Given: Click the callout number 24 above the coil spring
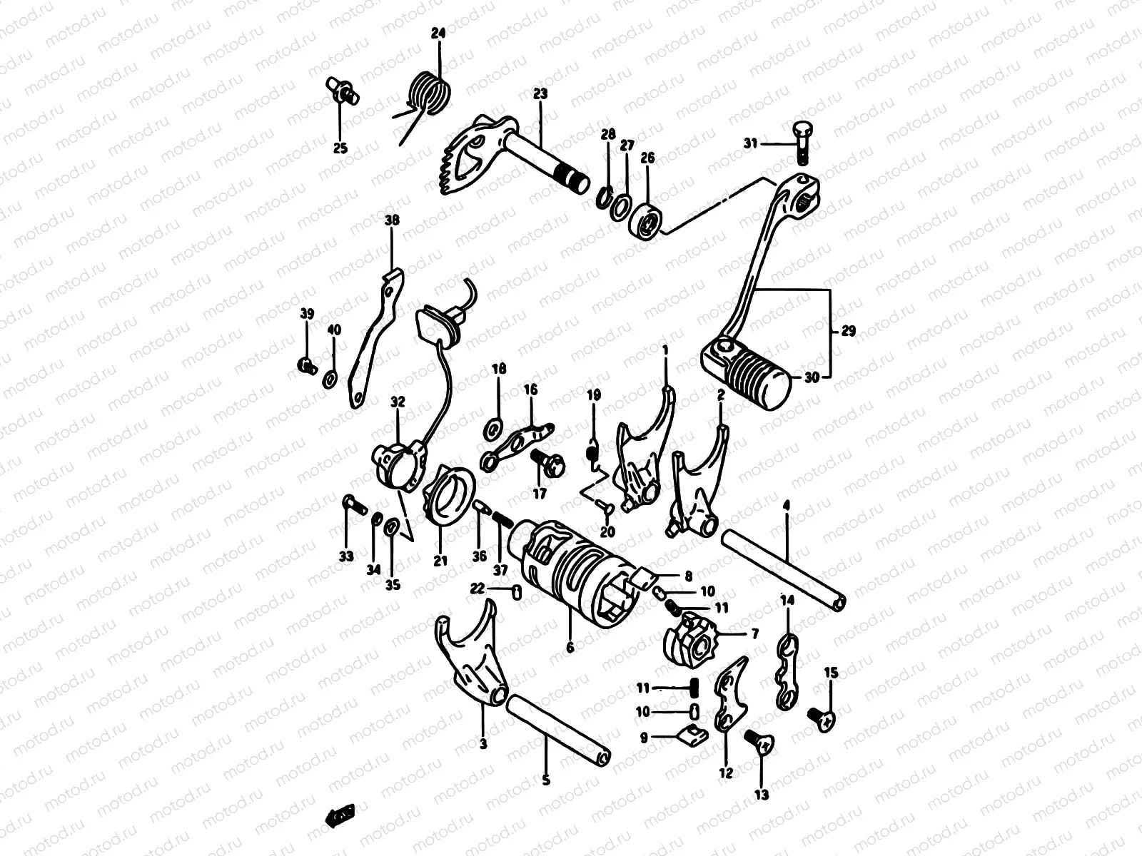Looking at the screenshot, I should point(438,34).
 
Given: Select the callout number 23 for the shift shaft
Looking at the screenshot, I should point(540,93).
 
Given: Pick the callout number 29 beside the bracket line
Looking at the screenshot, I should point(849,331).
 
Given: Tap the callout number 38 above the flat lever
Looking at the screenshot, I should point(392,220).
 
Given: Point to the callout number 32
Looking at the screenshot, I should point(398,402).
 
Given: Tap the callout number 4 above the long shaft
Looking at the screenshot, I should point(786,505).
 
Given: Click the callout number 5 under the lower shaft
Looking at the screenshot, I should point(546,780).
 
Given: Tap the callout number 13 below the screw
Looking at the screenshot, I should point(762,794).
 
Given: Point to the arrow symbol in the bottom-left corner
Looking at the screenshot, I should point(340,815).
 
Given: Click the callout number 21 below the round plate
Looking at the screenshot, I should point(440,560).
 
